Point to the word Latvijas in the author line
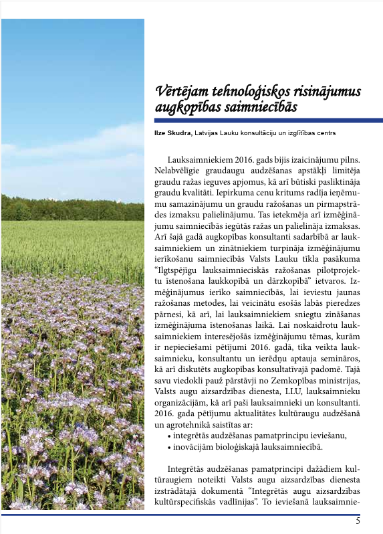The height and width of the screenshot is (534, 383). [x=208, y=132]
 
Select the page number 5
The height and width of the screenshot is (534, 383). [x=358, y=521]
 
